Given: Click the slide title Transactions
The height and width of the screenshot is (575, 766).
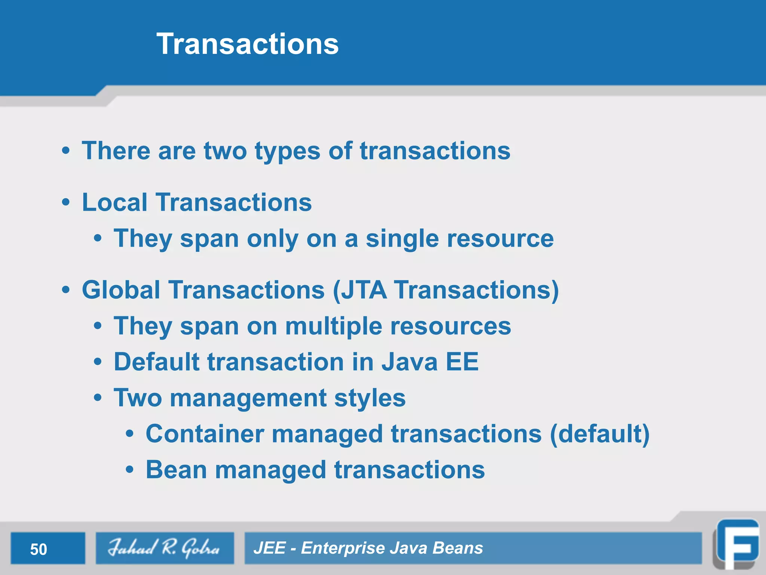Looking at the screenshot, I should point(248,44).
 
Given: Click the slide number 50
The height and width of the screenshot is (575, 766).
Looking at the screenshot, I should point(39,549).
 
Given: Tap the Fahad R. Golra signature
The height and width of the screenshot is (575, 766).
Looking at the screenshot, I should point(164,548).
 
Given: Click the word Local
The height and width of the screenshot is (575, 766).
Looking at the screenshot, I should point(114,202).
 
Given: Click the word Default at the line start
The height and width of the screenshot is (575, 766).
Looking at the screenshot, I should point(156,362).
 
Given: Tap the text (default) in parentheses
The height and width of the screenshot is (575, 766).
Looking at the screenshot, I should point(600,434).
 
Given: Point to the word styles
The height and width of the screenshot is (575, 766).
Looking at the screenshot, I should point(370,398).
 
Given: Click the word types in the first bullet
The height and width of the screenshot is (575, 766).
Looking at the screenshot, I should point(287,152).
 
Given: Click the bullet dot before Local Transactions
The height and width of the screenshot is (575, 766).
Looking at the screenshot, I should point(66,203).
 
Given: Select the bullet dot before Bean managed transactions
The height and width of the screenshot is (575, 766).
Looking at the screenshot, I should point(129,470).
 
